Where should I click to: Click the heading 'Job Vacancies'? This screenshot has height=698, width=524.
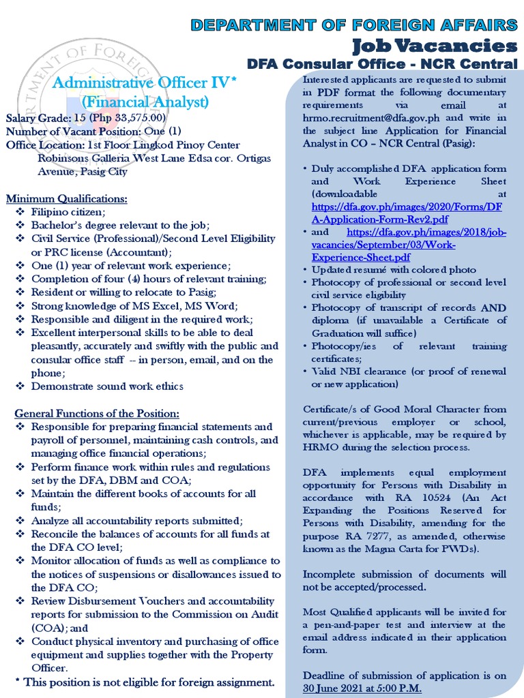coord(434,46)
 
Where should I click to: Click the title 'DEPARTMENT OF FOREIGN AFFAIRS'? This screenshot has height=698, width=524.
coord(353,25)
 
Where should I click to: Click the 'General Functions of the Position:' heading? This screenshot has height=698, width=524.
coord(98,414)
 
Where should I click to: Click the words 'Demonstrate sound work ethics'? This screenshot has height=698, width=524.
coord(107,386)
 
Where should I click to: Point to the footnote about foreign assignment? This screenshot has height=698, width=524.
coord(145,682)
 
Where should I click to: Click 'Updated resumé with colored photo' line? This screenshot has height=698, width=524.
coord(394,269)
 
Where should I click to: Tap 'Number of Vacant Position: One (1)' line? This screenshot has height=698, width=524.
coord(93,132)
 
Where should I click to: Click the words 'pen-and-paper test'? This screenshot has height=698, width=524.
coord(358,624)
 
